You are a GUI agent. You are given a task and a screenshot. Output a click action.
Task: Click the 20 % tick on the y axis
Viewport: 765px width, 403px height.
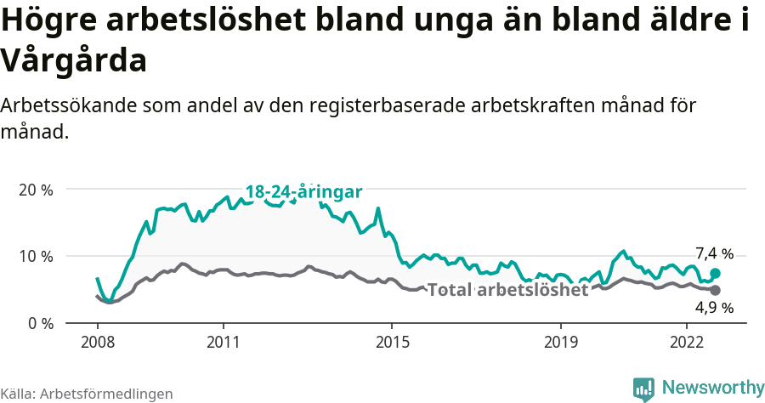click(x=35, y=190)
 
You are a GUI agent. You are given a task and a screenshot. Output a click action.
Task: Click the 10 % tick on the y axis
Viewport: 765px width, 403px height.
click(x=35, y=257)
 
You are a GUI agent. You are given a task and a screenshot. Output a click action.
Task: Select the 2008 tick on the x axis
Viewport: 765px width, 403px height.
click(x=97, y=343)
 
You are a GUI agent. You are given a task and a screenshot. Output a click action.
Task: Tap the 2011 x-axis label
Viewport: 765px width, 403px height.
click(x=223, y=343)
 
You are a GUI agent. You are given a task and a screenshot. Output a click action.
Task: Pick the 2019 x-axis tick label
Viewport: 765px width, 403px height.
click(x=560, y=343)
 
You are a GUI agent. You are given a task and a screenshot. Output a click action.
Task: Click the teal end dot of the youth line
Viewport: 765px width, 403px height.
click(x=716, y=273)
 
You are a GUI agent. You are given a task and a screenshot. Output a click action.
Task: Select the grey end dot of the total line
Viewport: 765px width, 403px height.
click(x=716, y=291)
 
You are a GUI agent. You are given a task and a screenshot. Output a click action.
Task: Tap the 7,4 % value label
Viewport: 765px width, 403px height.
click(x=714, y=253)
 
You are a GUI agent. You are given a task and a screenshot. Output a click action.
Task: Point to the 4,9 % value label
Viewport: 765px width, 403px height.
click(x=714, y=308)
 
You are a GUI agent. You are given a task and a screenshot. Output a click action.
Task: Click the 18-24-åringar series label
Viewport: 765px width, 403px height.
click(x=304, y=191)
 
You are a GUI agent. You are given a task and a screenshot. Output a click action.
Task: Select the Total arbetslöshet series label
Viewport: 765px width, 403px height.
click(x=507, y=290)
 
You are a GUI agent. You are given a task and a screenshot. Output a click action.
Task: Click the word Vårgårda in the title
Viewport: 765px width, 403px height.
click(x=74, y=61)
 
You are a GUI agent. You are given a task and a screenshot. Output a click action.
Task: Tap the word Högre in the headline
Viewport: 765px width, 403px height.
click(x=48, y=22)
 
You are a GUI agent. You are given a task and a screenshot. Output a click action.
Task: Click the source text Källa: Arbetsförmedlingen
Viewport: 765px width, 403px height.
click(x=87, y=394)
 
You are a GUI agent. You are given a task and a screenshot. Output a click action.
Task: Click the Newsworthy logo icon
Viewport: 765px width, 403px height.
click(x=643, y=389)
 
